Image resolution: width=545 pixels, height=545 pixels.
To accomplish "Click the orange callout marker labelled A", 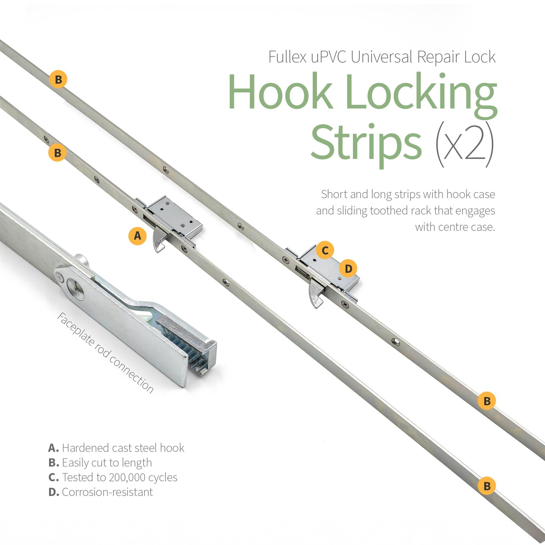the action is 137,236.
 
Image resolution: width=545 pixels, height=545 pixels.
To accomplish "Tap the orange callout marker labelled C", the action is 325,250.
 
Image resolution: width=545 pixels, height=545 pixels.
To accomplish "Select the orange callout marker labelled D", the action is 348,269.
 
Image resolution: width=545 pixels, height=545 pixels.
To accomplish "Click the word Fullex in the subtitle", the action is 287,57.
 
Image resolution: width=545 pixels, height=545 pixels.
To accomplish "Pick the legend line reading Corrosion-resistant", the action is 101,492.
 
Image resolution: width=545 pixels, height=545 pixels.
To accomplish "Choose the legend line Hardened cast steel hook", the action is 116,448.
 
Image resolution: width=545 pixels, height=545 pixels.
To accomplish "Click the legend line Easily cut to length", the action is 100,463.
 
